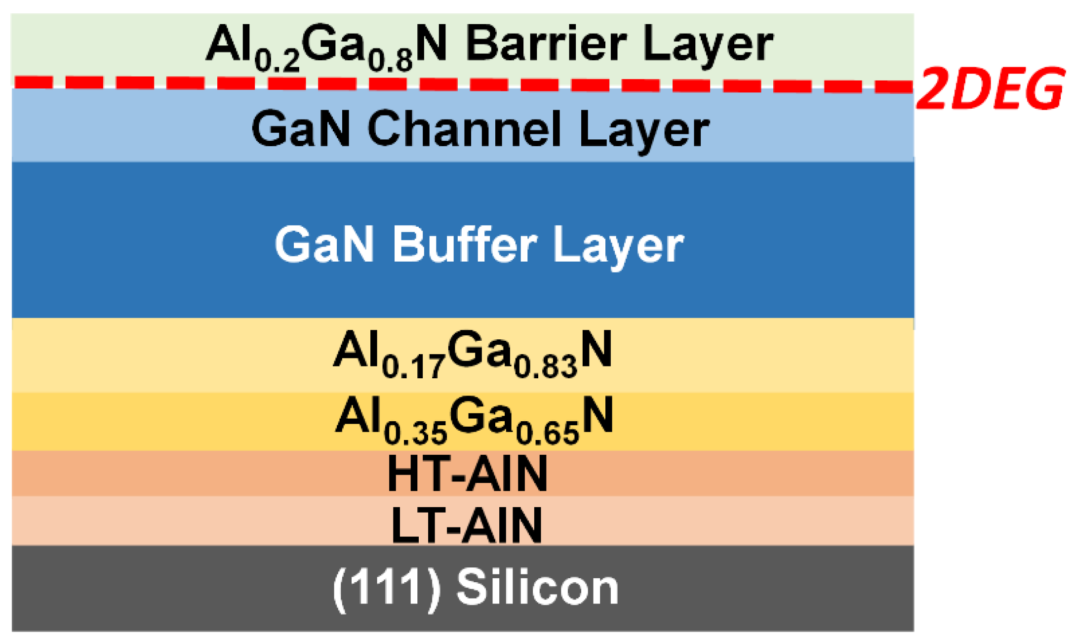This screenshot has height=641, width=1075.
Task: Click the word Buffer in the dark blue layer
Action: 464,244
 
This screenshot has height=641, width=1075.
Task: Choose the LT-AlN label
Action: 466,525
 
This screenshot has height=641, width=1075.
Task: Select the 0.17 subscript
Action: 414,367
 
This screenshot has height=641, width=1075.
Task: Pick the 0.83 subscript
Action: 546,367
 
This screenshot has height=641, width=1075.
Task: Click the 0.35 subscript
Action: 415,434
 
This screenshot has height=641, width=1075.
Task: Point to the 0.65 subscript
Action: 547,434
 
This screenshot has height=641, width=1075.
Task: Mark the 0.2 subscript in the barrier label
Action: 277,61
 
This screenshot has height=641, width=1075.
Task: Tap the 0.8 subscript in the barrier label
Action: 391,61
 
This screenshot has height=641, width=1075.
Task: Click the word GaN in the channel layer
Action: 301,129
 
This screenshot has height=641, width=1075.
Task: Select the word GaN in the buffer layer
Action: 324,244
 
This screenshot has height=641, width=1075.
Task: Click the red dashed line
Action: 444,83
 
